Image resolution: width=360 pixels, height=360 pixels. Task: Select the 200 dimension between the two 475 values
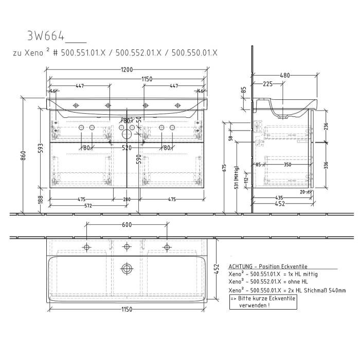[x=127, y=199]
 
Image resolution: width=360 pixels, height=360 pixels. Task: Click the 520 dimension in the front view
[x=127, y=148]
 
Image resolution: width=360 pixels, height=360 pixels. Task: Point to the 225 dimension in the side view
[x=268, y=84]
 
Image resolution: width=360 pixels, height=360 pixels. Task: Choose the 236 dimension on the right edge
[x=325, y=127]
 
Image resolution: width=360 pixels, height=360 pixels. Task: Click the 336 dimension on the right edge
[x=325, y=165]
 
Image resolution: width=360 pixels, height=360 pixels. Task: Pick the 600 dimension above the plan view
[x=127, y=225]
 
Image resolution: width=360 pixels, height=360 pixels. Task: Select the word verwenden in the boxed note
[x=254, y=305]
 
